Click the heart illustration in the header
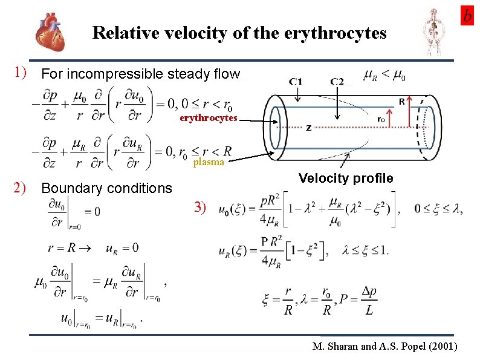[x=51, y=31]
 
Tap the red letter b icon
[x=467, y=16]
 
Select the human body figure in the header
[x=433, y=31]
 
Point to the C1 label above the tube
[x=296, y=82]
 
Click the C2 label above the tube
[x=337, y=82]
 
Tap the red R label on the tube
[x=402, y=102]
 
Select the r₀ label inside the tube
[x=380, y=120]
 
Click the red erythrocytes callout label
[x=208, y=118]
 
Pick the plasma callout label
[x=209, y=162]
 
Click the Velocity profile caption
[x=346, y=178]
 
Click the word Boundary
[x=68, y=188]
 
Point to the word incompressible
[x=109, y=74]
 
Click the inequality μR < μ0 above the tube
[x=384, y=76]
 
